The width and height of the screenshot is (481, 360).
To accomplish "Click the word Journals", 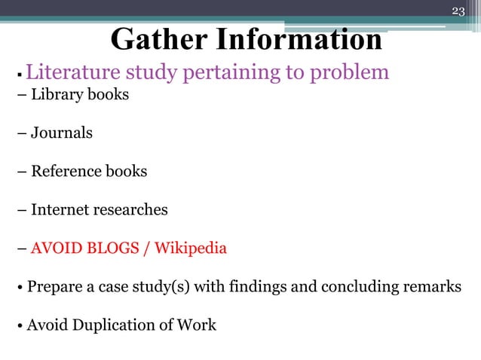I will [62, 133].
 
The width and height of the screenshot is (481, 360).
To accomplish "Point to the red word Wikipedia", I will [191, 248].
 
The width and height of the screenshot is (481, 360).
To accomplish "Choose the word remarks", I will [432, 287].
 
